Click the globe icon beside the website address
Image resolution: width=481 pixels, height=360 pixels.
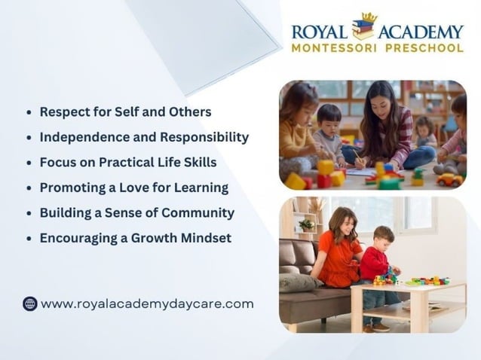click(29, 304)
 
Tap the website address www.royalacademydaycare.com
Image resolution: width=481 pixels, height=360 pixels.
click(147, 304)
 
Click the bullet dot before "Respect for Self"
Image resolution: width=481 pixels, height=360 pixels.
click(29, 112)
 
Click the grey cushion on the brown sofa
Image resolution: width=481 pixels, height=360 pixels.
click(296, 281)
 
